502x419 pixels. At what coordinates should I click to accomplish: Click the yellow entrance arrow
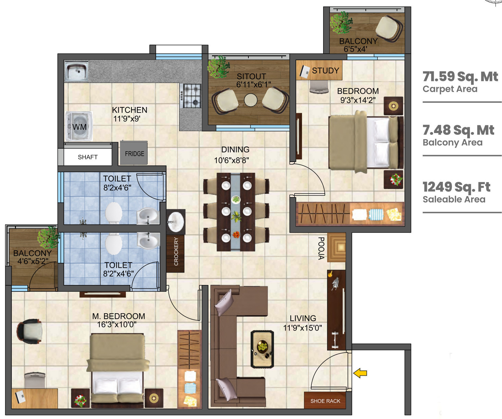pos(360,373)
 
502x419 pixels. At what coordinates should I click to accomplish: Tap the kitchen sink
pos(76,72)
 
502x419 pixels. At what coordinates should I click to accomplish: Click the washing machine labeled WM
pos(79,126)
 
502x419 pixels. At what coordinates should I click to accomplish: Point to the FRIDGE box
pos(134,153)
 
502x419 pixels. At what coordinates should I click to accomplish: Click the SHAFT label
pos(88,157)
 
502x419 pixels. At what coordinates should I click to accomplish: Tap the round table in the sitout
pos(251,100)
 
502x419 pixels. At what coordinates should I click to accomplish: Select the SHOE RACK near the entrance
pos(325,401)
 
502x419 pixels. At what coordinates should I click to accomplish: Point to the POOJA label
pos(321,248)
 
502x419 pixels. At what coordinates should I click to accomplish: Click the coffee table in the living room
pos(262,349)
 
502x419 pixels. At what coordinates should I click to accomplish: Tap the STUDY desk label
pos(325,71)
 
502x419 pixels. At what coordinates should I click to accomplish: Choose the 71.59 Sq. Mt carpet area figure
pos(460,77)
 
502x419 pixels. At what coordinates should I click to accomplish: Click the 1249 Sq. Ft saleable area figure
pos(456,187)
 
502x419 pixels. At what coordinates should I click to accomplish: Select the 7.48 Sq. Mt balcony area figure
pos(458,130)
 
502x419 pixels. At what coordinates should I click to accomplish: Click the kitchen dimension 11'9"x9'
pos(127,119)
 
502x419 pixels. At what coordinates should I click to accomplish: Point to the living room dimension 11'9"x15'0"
pos(302,328)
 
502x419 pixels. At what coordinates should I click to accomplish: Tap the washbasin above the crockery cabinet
pos(176,222)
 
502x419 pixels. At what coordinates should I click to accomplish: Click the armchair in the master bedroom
pos(30,331)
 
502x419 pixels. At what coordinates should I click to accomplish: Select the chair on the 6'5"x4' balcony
pos(389,29)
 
